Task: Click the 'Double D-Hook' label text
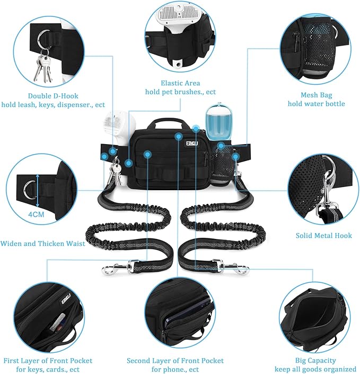47,95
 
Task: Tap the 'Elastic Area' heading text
180,83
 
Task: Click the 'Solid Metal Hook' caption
323,236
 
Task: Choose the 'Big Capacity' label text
315,360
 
